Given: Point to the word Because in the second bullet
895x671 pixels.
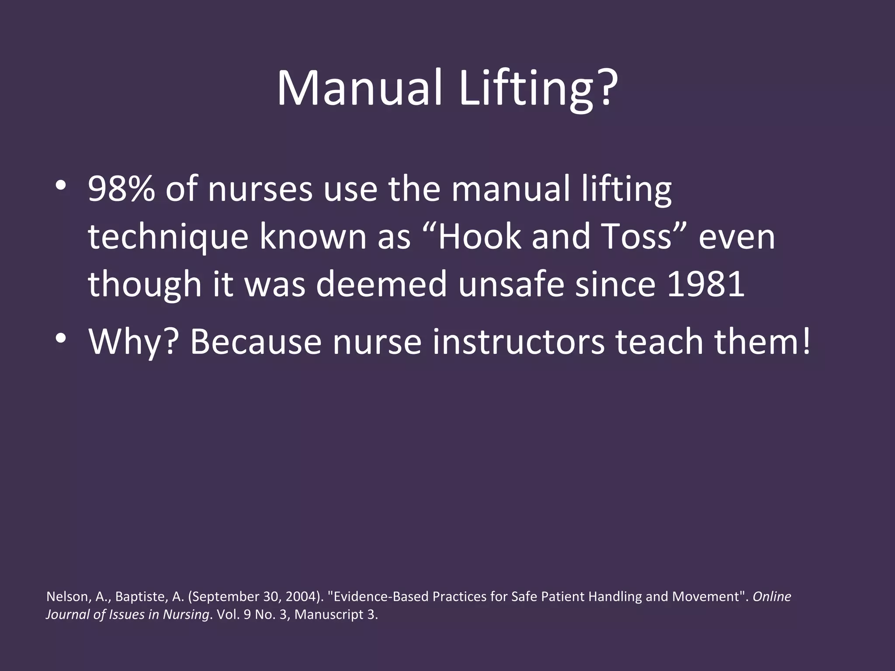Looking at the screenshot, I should pyautogui.click(x=256, y=342).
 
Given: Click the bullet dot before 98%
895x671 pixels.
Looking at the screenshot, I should pyautogui.click(x=61, y=185).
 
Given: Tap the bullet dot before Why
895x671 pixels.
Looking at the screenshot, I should pyautogui.click(x=61, y=337).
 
